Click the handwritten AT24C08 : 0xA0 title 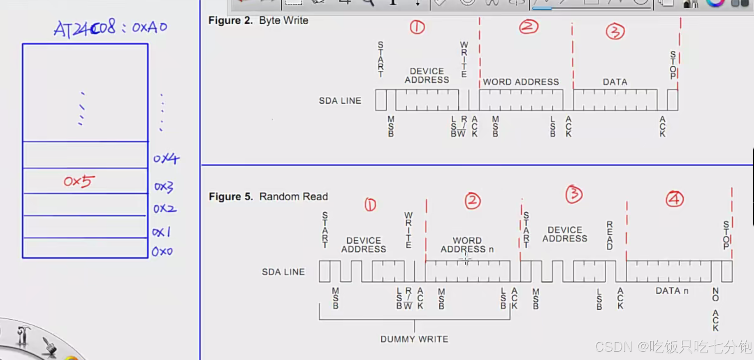[x=110, y=28]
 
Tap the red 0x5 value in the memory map [x=79, y=181]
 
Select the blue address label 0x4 [x=166, y=158]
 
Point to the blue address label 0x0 [x=162, y=251]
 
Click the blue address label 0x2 [x=165, y=209]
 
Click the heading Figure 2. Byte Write [x=258, y=21]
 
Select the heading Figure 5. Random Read [x=268, y=197]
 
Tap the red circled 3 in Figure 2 [x=615, y=32]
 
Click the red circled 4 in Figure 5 [x=675, y=199]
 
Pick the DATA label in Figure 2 [x=615, y=82]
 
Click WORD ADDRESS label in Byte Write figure [x=521, y=82]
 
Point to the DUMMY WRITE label [x=414, y=339]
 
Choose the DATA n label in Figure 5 [x=672, y=291]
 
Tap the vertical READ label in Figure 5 [x=610, y=235]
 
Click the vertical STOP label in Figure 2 [x=673, y=65]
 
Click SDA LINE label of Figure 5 [x=283, y=272]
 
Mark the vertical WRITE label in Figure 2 [x=464, y=60]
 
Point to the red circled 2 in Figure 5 [x=473, y=201]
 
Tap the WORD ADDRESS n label [x=467, y=245]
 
